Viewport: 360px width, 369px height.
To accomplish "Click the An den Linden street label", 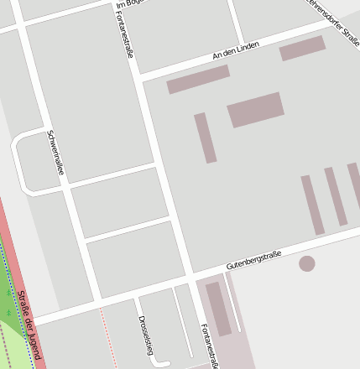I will click(236, 50).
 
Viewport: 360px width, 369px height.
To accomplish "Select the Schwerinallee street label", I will click(56, 156).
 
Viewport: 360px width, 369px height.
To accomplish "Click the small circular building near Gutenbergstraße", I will click(307, 263).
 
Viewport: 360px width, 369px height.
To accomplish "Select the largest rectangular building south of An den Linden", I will click(255, 110).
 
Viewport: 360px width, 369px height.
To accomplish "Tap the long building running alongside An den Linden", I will click(198, 80).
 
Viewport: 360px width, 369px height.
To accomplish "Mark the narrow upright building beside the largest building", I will click(206, 138).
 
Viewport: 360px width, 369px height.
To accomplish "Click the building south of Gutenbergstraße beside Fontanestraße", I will click(218, 309).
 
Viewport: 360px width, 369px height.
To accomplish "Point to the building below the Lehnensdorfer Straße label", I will click(302, 48).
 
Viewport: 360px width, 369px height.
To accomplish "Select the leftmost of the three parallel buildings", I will click(313, 205).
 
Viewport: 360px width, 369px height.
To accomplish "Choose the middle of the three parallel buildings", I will click(336, 196).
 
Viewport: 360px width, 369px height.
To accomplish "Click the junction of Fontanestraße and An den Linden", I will click(140, 76).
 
